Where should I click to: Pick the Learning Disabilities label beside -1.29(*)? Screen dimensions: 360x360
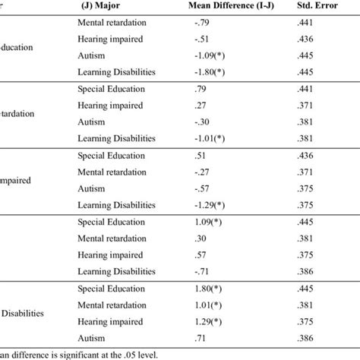coord(116,204)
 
